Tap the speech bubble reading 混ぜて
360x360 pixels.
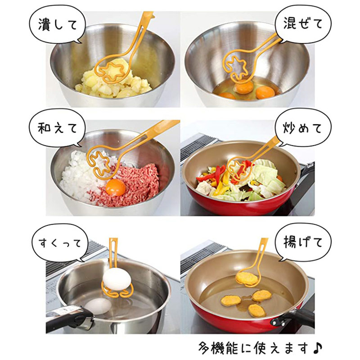tap(303, 24)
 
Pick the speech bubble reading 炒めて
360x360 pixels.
tap(303, 128)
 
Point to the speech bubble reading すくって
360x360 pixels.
tap(60, 243)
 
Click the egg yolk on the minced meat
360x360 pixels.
tap(116, 187)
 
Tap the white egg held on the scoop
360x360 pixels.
tap(117, 279)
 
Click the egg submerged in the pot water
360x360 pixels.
tap(98, 306)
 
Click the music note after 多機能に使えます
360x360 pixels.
tap(318, 348)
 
